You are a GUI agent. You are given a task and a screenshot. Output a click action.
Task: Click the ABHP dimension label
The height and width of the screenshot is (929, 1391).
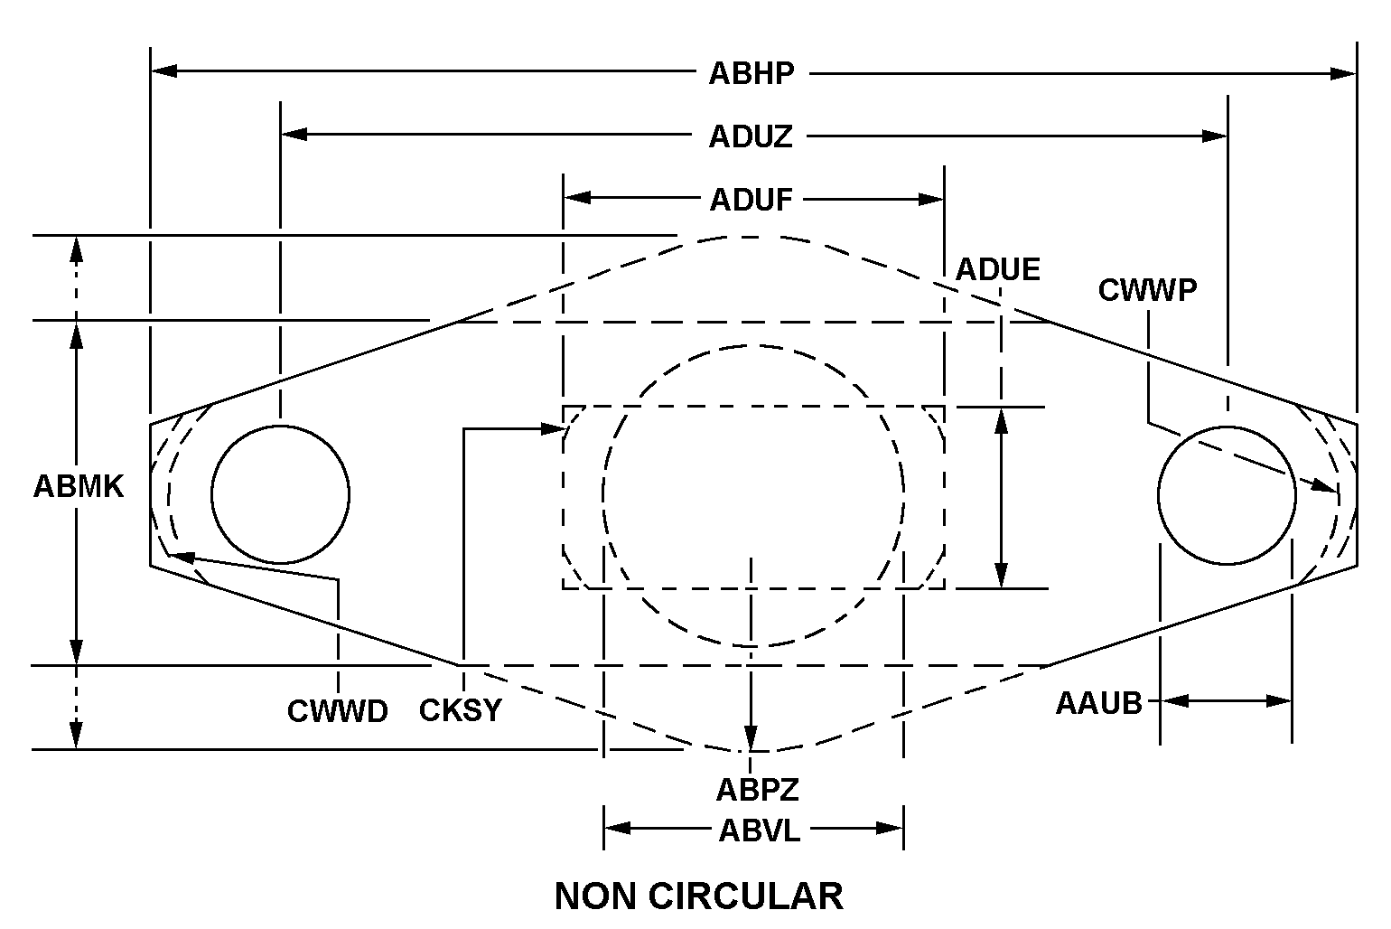pos(751,73)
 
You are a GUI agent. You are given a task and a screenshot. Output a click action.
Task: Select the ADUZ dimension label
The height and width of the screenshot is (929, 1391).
pos(751,136)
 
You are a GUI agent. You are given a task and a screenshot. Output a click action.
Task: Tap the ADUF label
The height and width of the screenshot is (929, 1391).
pos(751,199)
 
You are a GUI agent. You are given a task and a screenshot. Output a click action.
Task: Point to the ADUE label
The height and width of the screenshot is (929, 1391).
pos(998,269)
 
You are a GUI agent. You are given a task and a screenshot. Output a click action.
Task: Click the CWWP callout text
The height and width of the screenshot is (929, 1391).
pos(1147,290)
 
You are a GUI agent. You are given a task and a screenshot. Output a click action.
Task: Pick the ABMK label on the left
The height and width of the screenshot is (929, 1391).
pos(79,486)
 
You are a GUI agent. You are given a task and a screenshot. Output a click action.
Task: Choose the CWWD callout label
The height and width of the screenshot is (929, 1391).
pos(337,711)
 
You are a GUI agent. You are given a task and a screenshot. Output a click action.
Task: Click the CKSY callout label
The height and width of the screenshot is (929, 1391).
pos(460,710)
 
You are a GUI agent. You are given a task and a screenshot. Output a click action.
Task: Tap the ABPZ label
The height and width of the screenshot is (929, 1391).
pos(758,790)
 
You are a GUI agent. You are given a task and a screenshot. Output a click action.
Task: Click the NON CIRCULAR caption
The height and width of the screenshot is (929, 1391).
pos(698,896)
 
